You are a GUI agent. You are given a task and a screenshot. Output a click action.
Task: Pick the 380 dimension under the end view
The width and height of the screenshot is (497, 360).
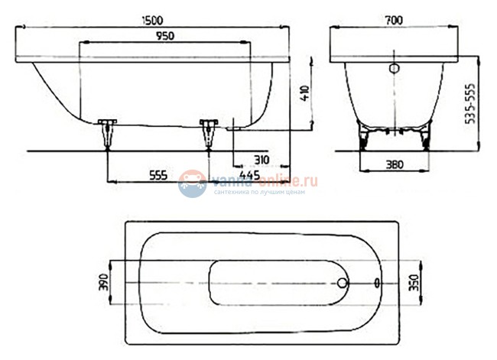pos(395,164)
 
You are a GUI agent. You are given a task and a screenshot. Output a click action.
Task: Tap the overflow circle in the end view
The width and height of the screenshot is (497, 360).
pos(395,68)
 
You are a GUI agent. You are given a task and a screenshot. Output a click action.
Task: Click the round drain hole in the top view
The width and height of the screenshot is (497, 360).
pos(342,282)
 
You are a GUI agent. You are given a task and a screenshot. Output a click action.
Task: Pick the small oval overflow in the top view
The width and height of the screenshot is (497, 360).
pos(378,282)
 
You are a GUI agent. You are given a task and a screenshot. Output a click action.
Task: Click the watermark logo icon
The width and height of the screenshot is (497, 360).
pos(192,184)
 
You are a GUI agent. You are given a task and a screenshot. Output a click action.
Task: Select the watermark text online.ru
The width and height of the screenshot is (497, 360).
pos(288,180)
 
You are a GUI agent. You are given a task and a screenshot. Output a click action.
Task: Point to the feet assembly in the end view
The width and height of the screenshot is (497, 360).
pos(395,138)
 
